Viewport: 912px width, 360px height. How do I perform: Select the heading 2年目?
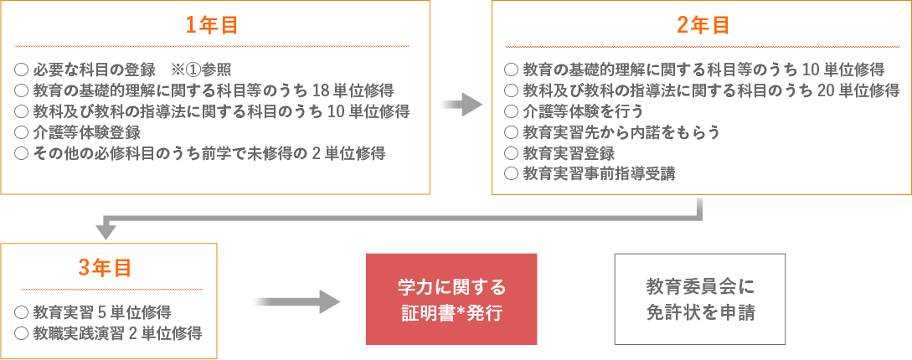click(703, 25)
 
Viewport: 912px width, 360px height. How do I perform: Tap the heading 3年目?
click(105, 268)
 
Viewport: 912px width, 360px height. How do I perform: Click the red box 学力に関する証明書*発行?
click(451, 300)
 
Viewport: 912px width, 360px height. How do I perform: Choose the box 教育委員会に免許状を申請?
click(700, 300)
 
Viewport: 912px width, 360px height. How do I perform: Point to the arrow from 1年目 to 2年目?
click(461, 105)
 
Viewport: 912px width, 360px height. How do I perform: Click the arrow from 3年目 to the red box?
click(296, 301)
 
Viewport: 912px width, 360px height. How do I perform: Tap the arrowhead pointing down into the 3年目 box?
click(106, 231)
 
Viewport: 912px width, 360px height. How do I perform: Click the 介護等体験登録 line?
click(77, 132)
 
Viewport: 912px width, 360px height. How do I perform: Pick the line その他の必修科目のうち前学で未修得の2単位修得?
click(199, 153)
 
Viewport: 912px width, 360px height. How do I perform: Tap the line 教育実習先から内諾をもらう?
click(612, 132)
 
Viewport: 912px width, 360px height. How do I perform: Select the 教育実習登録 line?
click(559, 153)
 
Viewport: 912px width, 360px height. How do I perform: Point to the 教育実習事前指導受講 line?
click(590, 173)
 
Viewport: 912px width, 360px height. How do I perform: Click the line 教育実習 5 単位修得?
click(92, 312)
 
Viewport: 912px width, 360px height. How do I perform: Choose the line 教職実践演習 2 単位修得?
click(108, 333)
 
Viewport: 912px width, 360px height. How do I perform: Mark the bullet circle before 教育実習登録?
click(511, 153)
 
